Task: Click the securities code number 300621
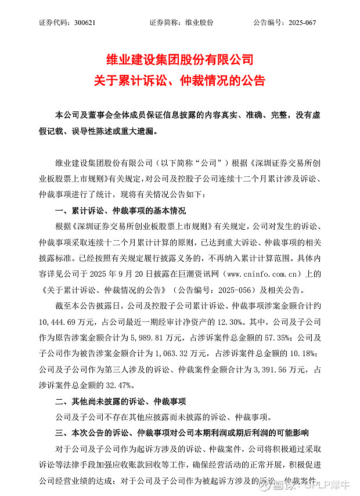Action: point(85,23)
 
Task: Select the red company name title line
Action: point(179,60)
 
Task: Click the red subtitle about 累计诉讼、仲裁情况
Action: point(179,81)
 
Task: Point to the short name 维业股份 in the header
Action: point(199,23)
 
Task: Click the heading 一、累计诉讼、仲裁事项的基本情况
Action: point(120,210)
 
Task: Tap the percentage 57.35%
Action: point(296,338)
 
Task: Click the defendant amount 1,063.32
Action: point(171,353)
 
